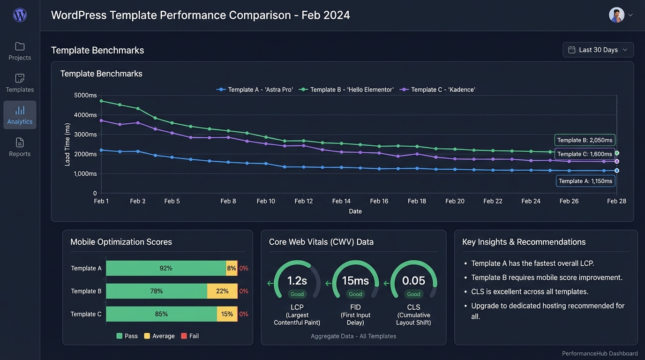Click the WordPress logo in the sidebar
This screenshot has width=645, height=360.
tap(20, 15)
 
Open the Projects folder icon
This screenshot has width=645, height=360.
tap(20, 46)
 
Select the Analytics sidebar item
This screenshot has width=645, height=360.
tap(20, 115)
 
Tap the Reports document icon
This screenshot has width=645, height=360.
tap(20, 142)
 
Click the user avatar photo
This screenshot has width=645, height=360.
tap(616, 15)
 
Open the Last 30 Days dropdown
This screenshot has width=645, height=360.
tap(598, 50)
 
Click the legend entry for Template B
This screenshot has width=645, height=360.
tap(346, 90)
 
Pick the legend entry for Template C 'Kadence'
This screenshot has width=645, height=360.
tap(437, 90)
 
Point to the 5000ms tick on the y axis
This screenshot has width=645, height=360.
tap(85, 95)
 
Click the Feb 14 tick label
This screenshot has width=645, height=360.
tap(341, 201)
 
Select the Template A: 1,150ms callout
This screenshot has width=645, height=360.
tap(585, 181)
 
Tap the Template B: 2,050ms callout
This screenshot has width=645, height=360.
tap(585, 140)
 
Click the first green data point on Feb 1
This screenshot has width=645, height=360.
tap(101, 101)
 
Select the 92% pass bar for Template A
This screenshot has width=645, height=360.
tap(166, 269)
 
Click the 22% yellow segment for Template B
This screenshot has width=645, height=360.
tap(222, 291)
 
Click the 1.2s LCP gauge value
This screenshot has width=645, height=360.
tap(297, 281)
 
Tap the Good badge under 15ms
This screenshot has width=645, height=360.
tap(355, 294)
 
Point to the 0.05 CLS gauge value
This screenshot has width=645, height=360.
tap(413, 281)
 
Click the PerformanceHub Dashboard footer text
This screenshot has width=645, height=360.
tap(600, 353)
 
